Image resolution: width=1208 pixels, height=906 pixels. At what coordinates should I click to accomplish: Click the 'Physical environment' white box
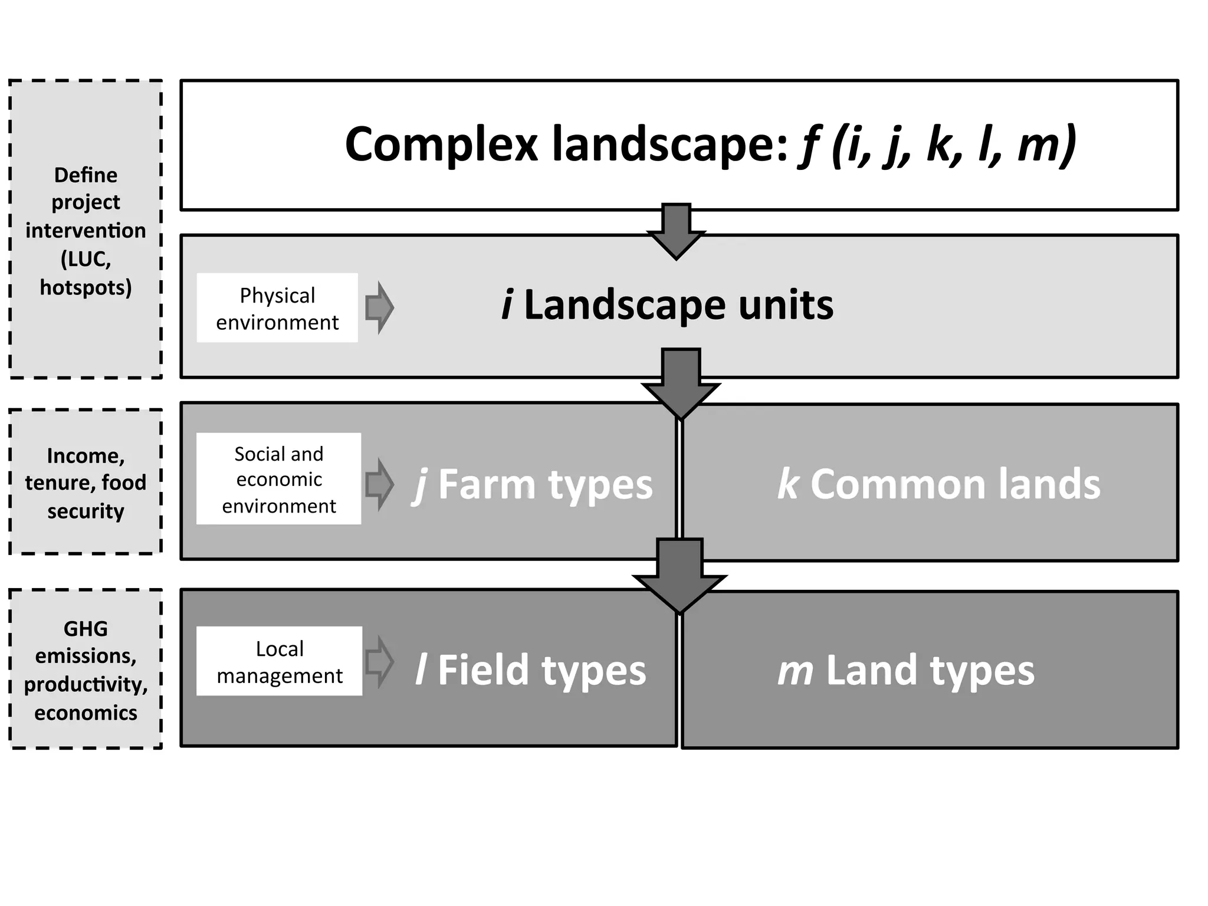tap(277, 308)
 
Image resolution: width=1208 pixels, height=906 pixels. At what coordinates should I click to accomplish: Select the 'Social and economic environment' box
tap(278, 479)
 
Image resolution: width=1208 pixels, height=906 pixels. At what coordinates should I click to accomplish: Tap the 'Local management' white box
tap(279, 661)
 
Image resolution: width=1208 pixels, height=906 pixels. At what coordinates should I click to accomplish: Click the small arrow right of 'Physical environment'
tap(379, 307)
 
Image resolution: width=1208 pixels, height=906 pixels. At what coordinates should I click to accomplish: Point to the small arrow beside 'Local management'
tap(379, 662)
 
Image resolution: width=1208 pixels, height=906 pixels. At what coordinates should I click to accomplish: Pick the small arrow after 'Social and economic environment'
tap(379, 484)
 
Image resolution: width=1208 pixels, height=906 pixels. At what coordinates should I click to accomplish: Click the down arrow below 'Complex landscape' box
tap(677, 230)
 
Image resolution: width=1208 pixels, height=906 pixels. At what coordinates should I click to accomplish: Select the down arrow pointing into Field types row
tap(679, 575)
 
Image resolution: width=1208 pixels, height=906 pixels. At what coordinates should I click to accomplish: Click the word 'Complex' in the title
tap(441, 145)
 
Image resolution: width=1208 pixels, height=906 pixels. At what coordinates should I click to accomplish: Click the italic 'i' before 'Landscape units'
tap(507, 305)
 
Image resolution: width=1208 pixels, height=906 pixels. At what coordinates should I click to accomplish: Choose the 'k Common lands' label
tap(938, 484)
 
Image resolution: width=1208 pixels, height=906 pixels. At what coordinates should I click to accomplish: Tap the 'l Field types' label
tap(530, 671)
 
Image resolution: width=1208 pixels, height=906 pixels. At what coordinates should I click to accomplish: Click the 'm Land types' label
tap(906, 671)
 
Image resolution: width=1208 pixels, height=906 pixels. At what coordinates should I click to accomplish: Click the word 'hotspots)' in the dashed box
tap(86, 287)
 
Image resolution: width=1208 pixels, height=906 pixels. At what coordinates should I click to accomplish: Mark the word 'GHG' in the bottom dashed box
tap(86, 629)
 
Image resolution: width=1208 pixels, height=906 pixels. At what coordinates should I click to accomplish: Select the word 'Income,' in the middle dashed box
tap(86, 456)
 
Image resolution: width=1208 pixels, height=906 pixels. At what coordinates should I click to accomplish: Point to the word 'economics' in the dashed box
tap(86, 713)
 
